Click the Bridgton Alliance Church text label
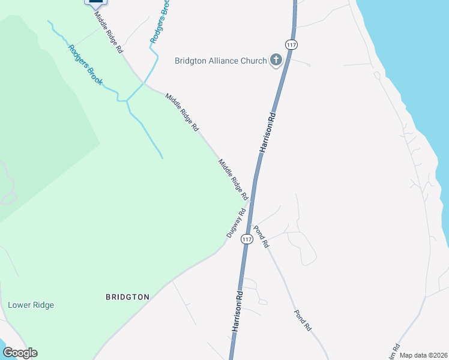(x=220, y=61)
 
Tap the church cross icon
(x=276, y=59)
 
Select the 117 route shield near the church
(x=291, y=45)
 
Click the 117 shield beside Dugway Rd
(x=246, y=239)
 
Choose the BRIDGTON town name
(x=127, y=297)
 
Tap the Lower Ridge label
(x=31, y=305)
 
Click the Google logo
(x=20, y=353)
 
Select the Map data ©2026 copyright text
(x=423, y=355)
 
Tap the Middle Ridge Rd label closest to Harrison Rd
(x=233, y=179)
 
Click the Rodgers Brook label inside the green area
(x=85, y=65)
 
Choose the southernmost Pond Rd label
(x=303, y=321)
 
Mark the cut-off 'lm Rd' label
(x=396, y=349)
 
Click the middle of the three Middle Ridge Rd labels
(x=182, y=112)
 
